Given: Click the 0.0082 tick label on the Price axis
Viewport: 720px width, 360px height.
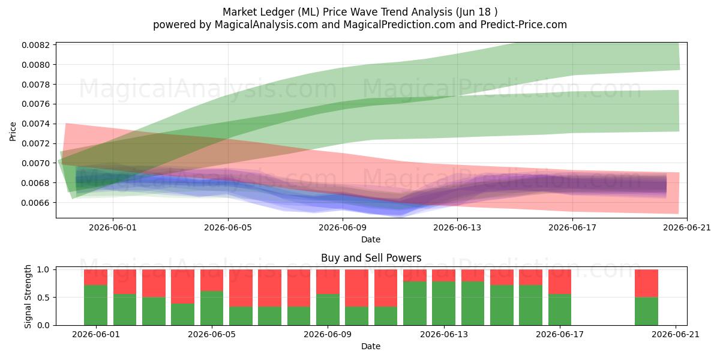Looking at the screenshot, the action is click(35, 45).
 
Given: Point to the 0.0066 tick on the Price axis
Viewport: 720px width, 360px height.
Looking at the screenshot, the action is click(35, 203).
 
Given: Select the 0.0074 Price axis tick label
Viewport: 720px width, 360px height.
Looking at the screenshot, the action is click(35, 124).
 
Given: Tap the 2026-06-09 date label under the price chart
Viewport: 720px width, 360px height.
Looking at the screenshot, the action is click(343, 227).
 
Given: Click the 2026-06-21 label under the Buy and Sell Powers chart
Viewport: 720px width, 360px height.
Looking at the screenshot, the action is click(676, 334).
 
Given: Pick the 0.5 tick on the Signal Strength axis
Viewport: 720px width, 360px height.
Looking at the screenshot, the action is click(43, 298).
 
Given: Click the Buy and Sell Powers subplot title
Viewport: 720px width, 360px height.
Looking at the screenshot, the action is click(371, 258).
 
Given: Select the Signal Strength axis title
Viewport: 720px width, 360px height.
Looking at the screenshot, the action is click(28, 296).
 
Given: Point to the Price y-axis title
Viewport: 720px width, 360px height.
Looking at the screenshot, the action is click(13, 131).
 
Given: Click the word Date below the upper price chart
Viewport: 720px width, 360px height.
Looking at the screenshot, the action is click(371, 239).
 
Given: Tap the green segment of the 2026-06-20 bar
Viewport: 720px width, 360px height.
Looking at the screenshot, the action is click(646, 311).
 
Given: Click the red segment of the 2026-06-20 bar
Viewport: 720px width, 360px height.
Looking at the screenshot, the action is click(646, 283).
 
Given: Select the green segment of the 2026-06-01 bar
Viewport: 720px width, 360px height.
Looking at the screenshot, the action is click(96, 305).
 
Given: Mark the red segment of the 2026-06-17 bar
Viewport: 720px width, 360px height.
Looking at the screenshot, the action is click(560, 282).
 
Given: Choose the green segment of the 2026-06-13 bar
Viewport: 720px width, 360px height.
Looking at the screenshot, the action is click(443, 304).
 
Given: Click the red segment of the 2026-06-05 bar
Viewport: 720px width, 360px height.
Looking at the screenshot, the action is click(212, 280).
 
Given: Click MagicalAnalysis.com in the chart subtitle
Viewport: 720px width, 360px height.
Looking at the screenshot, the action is click(266, 25).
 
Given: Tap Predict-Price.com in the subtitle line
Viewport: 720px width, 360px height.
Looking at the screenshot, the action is click(524, 25).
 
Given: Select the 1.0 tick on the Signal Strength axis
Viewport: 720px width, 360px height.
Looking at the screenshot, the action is click(43, 269).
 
